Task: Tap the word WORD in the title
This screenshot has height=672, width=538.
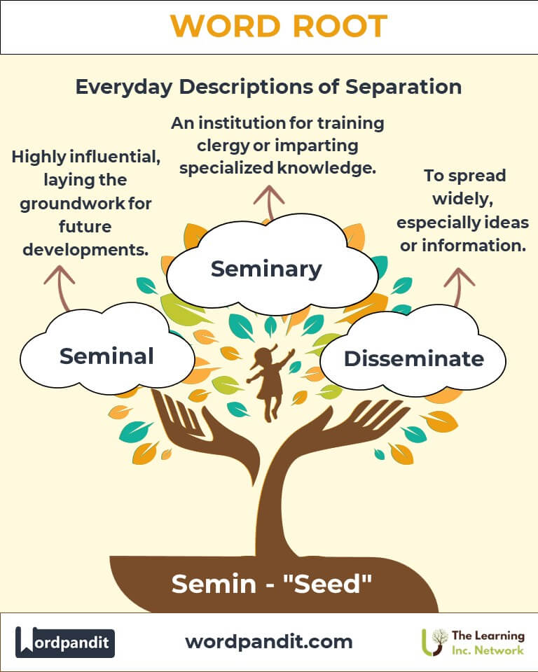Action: [222, 27]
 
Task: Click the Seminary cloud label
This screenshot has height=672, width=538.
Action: [266, 268]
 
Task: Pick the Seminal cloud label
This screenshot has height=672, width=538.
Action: [106, 356]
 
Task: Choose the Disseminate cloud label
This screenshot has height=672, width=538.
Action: [413, 358]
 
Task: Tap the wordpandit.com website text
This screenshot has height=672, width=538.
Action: [269, 641]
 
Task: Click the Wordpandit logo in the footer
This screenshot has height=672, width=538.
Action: [65, 642]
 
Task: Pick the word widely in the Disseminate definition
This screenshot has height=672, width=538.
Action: [463, 199]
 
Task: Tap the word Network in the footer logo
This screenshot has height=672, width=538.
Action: [499, 650]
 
